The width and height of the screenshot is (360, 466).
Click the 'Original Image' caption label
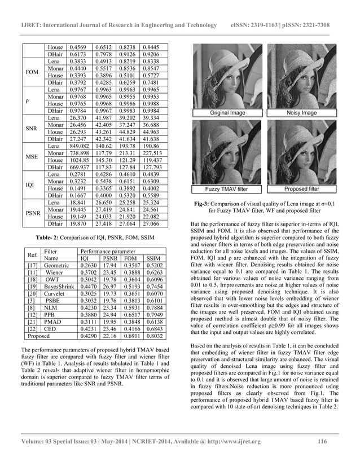click(x=227, y=113)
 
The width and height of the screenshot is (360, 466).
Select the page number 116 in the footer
click(x=323, y=442)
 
